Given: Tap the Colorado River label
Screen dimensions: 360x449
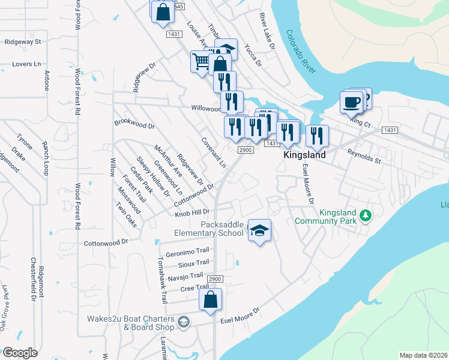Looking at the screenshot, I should coord(301,51).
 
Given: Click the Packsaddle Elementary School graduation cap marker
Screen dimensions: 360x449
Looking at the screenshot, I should coord(259,230).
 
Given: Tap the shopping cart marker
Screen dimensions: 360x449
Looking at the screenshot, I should coord(201,61).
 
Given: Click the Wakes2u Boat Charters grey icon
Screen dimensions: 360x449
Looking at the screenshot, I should coord(184,323).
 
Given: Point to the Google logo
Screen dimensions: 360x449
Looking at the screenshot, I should coord(19,353).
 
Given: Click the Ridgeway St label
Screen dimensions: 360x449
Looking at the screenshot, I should coord(22,42).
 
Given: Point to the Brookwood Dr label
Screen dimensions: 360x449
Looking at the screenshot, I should coord(134,125).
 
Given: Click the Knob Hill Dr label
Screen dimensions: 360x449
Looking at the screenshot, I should coord(192,212).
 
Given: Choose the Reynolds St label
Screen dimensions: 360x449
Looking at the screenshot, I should coord(364,157).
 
